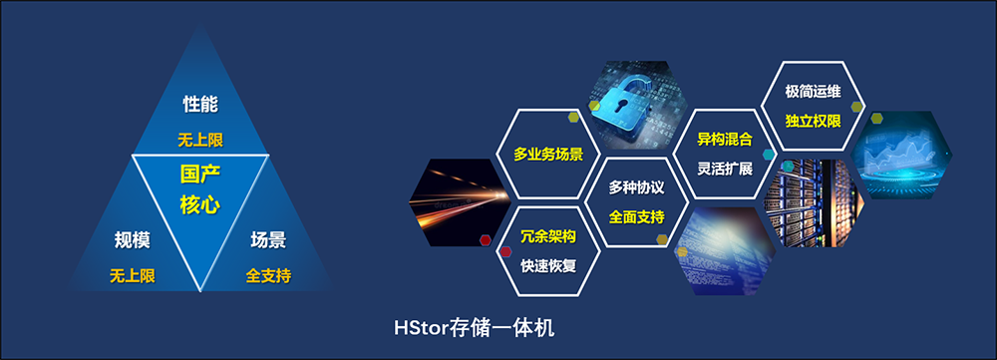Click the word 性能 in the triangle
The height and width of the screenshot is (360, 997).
pos(200,105)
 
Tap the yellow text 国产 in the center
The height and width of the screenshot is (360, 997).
pos(200,175)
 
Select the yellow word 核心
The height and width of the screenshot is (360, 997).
pos(200,204)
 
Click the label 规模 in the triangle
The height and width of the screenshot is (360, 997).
pos(133,239)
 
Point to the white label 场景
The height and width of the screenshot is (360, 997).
pos(268,239)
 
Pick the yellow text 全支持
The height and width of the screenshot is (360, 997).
pos(268,276)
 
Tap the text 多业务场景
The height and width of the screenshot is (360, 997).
pos(548,155)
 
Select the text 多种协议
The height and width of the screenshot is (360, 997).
pos(636,187)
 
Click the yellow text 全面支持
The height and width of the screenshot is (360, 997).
pos(636,216)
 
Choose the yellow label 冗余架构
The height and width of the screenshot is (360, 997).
pos(548,237)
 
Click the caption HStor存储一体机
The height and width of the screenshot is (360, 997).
pos(475,328)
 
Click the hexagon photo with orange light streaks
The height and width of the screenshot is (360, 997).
pos(459,201)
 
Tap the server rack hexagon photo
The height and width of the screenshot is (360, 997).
pos(814,202)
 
